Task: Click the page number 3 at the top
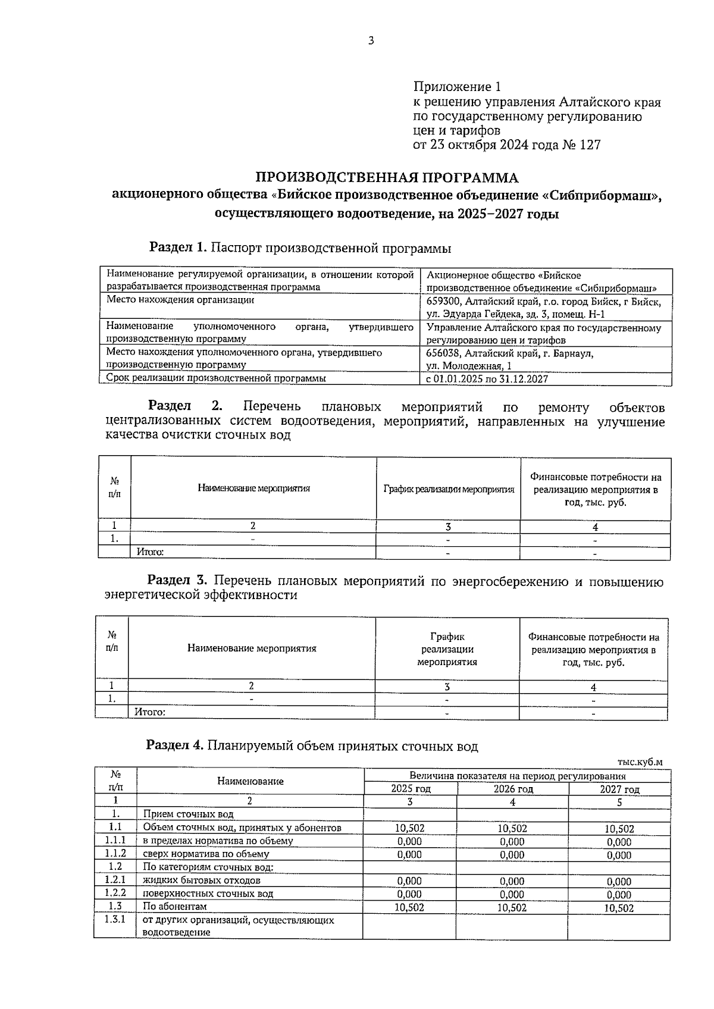click(x=371, y=41)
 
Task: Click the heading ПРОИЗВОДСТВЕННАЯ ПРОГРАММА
click(x=387, y=177)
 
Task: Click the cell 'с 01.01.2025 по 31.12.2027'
click(x=487, y=379)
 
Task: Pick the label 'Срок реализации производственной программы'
click(x=216, y=378)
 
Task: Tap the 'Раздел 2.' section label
click(x=185, y=406)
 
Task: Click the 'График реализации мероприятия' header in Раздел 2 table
click(x=449, y=489)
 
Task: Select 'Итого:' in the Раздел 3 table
click(x=150, y=712)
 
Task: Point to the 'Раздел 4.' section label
click(x=176, y=745)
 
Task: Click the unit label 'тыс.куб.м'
click(x=640, y=762)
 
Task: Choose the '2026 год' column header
click(x=513, y=789)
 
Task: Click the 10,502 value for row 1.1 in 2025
click(x=409, y=828)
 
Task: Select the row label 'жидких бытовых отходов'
click(x=201, y=880)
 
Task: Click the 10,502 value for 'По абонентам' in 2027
click(x=619, y=908)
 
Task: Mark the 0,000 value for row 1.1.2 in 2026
click(x=512, y=855)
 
